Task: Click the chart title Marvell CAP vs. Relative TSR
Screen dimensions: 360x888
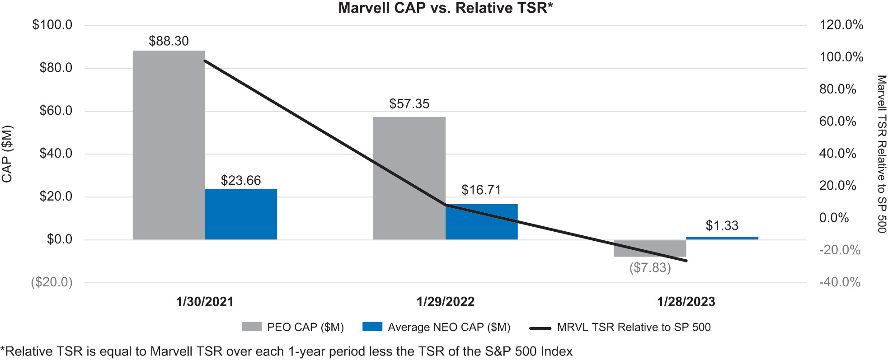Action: tap(445, 8)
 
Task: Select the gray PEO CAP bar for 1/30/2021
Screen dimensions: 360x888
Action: tap(169, 145)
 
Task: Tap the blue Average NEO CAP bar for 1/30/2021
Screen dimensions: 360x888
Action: tap(241, 214)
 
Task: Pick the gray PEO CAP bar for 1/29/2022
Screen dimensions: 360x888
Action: tap(409, 178)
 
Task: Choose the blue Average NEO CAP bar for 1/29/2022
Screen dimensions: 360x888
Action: tap(481, 222)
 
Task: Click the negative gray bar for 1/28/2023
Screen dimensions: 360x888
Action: tap(650, 248)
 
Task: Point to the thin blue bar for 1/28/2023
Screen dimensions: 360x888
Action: tap(722, 238)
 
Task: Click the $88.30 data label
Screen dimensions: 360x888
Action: tap(169, 41)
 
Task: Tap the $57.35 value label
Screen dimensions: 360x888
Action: tap(409, 104)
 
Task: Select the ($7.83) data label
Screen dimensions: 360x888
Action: tap(650, 268)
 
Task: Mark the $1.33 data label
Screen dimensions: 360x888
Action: tap(722, 225)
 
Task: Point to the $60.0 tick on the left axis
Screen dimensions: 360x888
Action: tap(56, 111)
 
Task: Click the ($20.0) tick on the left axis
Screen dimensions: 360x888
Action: tap(52, 282)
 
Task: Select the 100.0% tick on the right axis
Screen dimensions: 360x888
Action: tap(841, 57)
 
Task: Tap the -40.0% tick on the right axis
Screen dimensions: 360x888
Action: tap(840, 282)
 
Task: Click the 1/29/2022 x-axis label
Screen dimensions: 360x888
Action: tap(445, 302)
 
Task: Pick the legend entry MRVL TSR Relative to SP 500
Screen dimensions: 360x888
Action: tap(634, 327)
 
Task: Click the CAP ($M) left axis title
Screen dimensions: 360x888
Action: tap(7, 154)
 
